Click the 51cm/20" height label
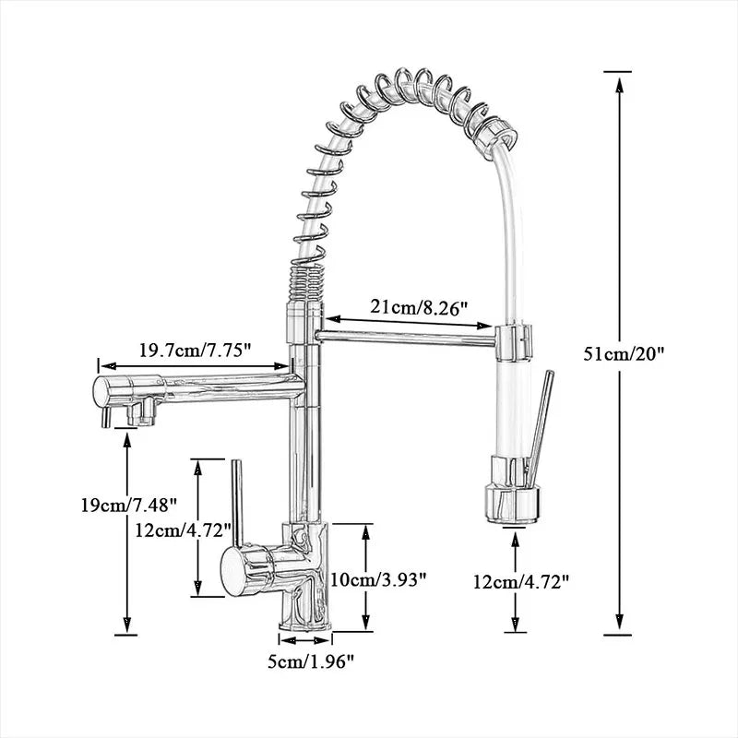pos(625,352)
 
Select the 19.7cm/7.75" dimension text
pos(196,351)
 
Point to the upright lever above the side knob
pos(236,503)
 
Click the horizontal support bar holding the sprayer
pos(406,335)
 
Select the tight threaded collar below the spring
pos(305,276)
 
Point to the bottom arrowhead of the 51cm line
pos(617,626)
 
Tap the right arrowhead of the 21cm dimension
pos(488,324)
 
